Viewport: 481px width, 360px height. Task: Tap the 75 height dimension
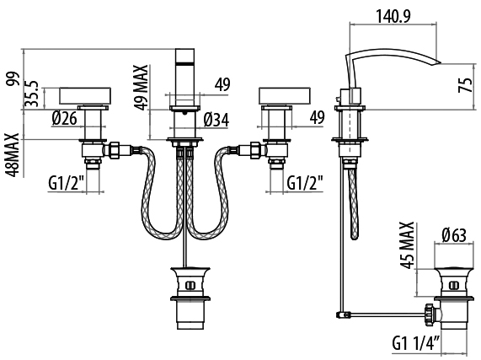466,85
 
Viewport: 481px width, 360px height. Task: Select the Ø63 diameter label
454,236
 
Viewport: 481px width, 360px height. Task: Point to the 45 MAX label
408,245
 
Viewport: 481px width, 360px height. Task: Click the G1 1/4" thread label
415,343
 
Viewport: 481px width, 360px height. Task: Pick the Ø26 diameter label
64,118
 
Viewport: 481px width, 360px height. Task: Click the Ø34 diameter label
216,120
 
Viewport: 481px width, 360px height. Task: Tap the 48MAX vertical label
12,155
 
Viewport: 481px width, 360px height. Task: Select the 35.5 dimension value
32,94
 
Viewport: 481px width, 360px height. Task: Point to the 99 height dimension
13,79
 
